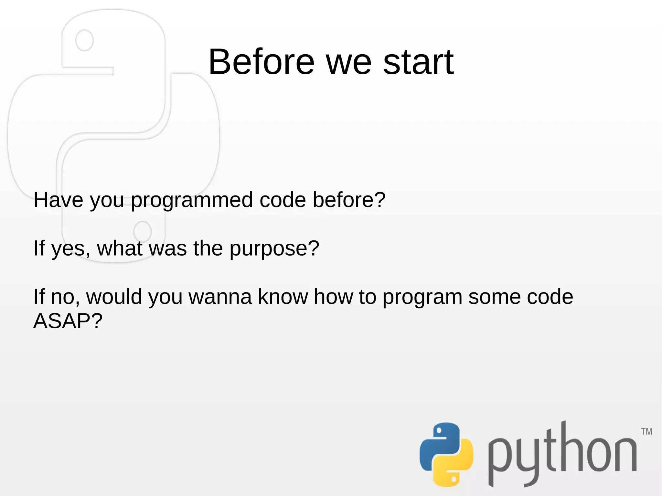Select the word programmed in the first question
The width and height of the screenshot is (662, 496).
click(192, 200)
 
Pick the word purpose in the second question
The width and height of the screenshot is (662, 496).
click(274, 249)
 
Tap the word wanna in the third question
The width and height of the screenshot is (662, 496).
click(220, 297)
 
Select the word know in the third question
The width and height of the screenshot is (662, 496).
click(283, 297)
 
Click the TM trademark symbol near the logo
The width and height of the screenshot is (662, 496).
click(646, 432)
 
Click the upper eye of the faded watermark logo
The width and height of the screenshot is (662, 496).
click(84, 40)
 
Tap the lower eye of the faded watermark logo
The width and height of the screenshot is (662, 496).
click(142, 231)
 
